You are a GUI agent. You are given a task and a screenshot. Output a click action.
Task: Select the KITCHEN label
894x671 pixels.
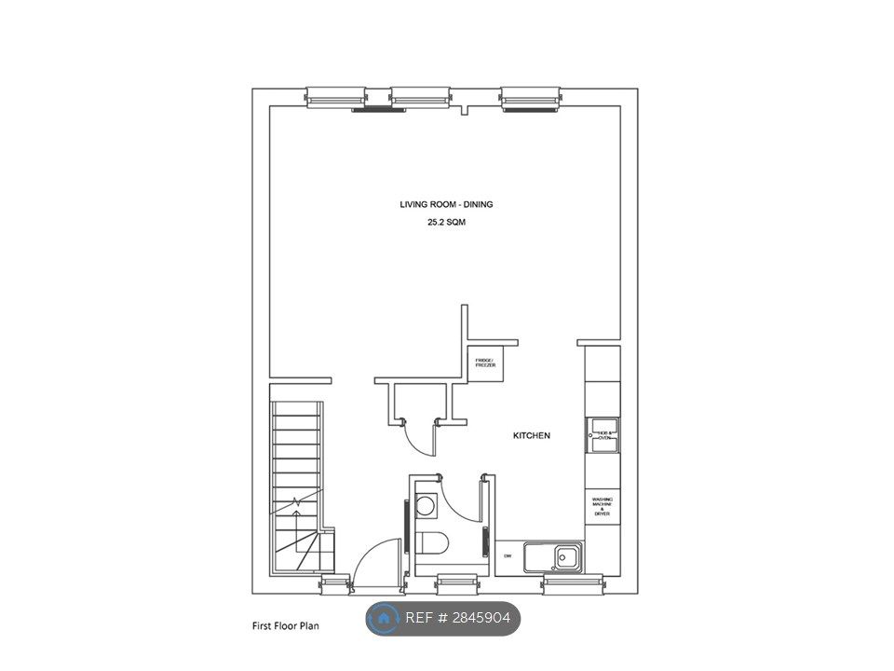tap(532, 435)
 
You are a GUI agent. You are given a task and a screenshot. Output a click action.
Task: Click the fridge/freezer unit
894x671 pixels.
tap(485, 363)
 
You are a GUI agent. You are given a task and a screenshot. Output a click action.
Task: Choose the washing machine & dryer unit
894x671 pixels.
tap(603, 505)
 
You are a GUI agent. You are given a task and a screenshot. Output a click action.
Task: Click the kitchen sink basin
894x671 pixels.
tap(565, 558)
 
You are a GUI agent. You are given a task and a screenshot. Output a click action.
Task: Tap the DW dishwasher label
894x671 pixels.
tap(508, 556)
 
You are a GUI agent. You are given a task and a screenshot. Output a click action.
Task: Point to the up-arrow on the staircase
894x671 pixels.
tap(296, 504)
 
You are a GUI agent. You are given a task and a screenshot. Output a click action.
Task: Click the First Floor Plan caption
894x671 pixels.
tap(285, 626)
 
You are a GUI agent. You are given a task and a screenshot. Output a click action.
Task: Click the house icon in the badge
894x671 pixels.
tap(383, 618)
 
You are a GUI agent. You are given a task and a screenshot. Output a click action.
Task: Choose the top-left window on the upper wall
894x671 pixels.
tap(336, 97)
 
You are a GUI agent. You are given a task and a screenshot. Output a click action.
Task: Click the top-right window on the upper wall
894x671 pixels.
tap(530, 97)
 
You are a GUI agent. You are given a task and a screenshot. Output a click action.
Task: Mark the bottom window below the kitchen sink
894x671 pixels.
tap(572, 583)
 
